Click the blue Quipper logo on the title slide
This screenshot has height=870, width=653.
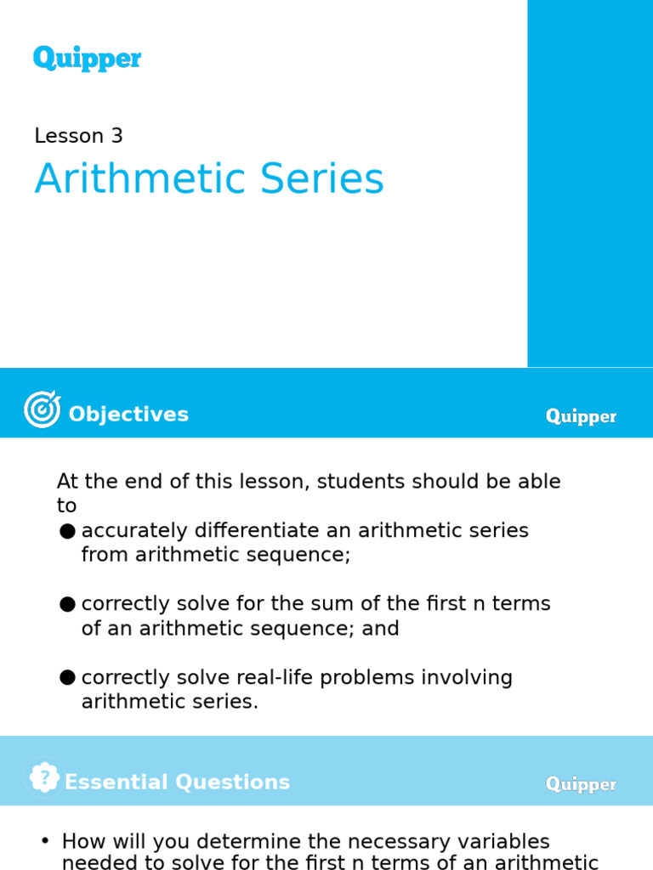(87, 59)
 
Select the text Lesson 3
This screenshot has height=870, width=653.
(78, 136)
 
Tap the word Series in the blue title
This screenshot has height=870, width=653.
(318, 180)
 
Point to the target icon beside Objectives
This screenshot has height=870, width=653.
(42, 410)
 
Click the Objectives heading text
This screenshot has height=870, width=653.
(128, 415)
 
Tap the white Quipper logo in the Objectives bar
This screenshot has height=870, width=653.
(581, 416)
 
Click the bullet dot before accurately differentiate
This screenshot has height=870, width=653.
(67, 532)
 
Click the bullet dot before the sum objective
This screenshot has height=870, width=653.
(67, 604)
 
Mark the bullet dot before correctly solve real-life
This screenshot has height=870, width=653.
(67, 678)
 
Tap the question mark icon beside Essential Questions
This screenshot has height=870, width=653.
(43, 777)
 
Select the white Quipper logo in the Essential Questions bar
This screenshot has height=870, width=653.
(581, 784)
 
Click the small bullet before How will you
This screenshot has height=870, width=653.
(45, 841)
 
